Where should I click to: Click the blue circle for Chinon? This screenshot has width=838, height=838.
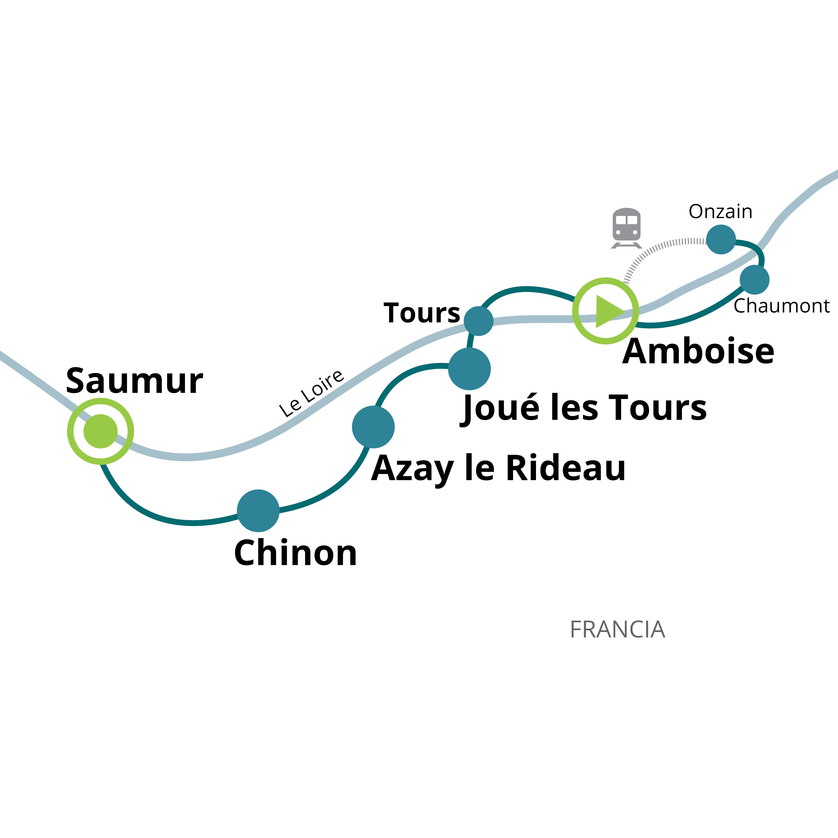pos(258,510)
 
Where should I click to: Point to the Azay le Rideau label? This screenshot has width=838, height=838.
pos(498,469)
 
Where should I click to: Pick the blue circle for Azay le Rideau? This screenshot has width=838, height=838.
pos(373,427)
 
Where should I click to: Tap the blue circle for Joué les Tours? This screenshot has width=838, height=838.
pos(469,369)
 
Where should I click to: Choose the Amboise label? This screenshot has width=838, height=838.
pos(698,351)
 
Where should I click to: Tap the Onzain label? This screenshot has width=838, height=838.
pos(720,212)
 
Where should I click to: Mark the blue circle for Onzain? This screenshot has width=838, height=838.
pos(721,239)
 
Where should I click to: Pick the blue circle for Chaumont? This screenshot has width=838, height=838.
pos(755,280)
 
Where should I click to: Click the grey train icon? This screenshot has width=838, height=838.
pos(626,228)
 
